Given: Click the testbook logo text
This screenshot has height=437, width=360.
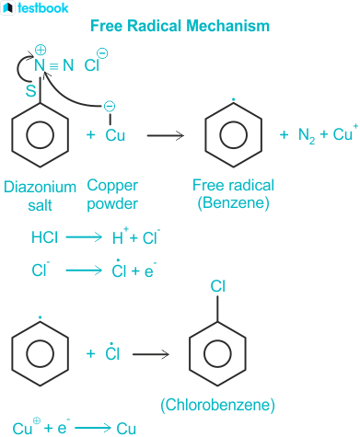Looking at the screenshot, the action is (x=43, y=8).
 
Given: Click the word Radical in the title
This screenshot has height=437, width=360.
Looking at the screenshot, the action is (x=154, y=26).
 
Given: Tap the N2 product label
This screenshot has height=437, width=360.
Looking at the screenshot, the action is (x=307, y=135).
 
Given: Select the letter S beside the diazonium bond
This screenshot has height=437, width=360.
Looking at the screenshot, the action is (x=30, y=91).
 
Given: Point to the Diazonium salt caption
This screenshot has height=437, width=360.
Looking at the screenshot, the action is (x=40, y=196).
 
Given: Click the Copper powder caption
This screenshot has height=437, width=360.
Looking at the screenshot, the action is (x=112, y=195).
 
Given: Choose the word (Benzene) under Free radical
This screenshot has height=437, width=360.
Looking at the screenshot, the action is (x=233, y=202).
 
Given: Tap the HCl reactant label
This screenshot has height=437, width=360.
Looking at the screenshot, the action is (x=44, y=237).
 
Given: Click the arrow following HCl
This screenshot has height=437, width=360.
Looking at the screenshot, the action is (x=84, y=237).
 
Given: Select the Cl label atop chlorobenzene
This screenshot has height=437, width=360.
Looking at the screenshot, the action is (x=218, y=286).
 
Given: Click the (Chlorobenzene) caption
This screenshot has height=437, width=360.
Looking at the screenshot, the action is (x=217, y=405).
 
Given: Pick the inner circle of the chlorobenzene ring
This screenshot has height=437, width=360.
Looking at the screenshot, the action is (x=217, y=354).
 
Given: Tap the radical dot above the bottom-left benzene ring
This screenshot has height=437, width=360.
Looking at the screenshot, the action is (x=41, y=317).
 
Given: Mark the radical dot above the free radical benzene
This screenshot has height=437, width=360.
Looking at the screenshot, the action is (x=233, y=99).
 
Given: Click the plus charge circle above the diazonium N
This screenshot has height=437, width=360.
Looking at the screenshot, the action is (x=41, y=50).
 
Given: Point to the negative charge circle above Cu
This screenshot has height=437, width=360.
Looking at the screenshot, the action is (x=110, y=107).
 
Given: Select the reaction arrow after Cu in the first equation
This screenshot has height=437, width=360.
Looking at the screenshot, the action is (x=166, y=135).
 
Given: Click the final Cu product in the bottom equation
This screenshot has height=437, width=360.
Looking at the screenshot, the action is (x=126, y=428).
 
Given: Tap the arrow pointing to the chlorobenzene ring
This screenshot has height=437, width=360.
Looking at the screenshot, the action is (x=151, y=354).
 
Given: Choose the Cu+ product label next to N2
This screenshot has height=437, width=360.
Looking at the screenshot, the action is (x=345, y=132).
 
